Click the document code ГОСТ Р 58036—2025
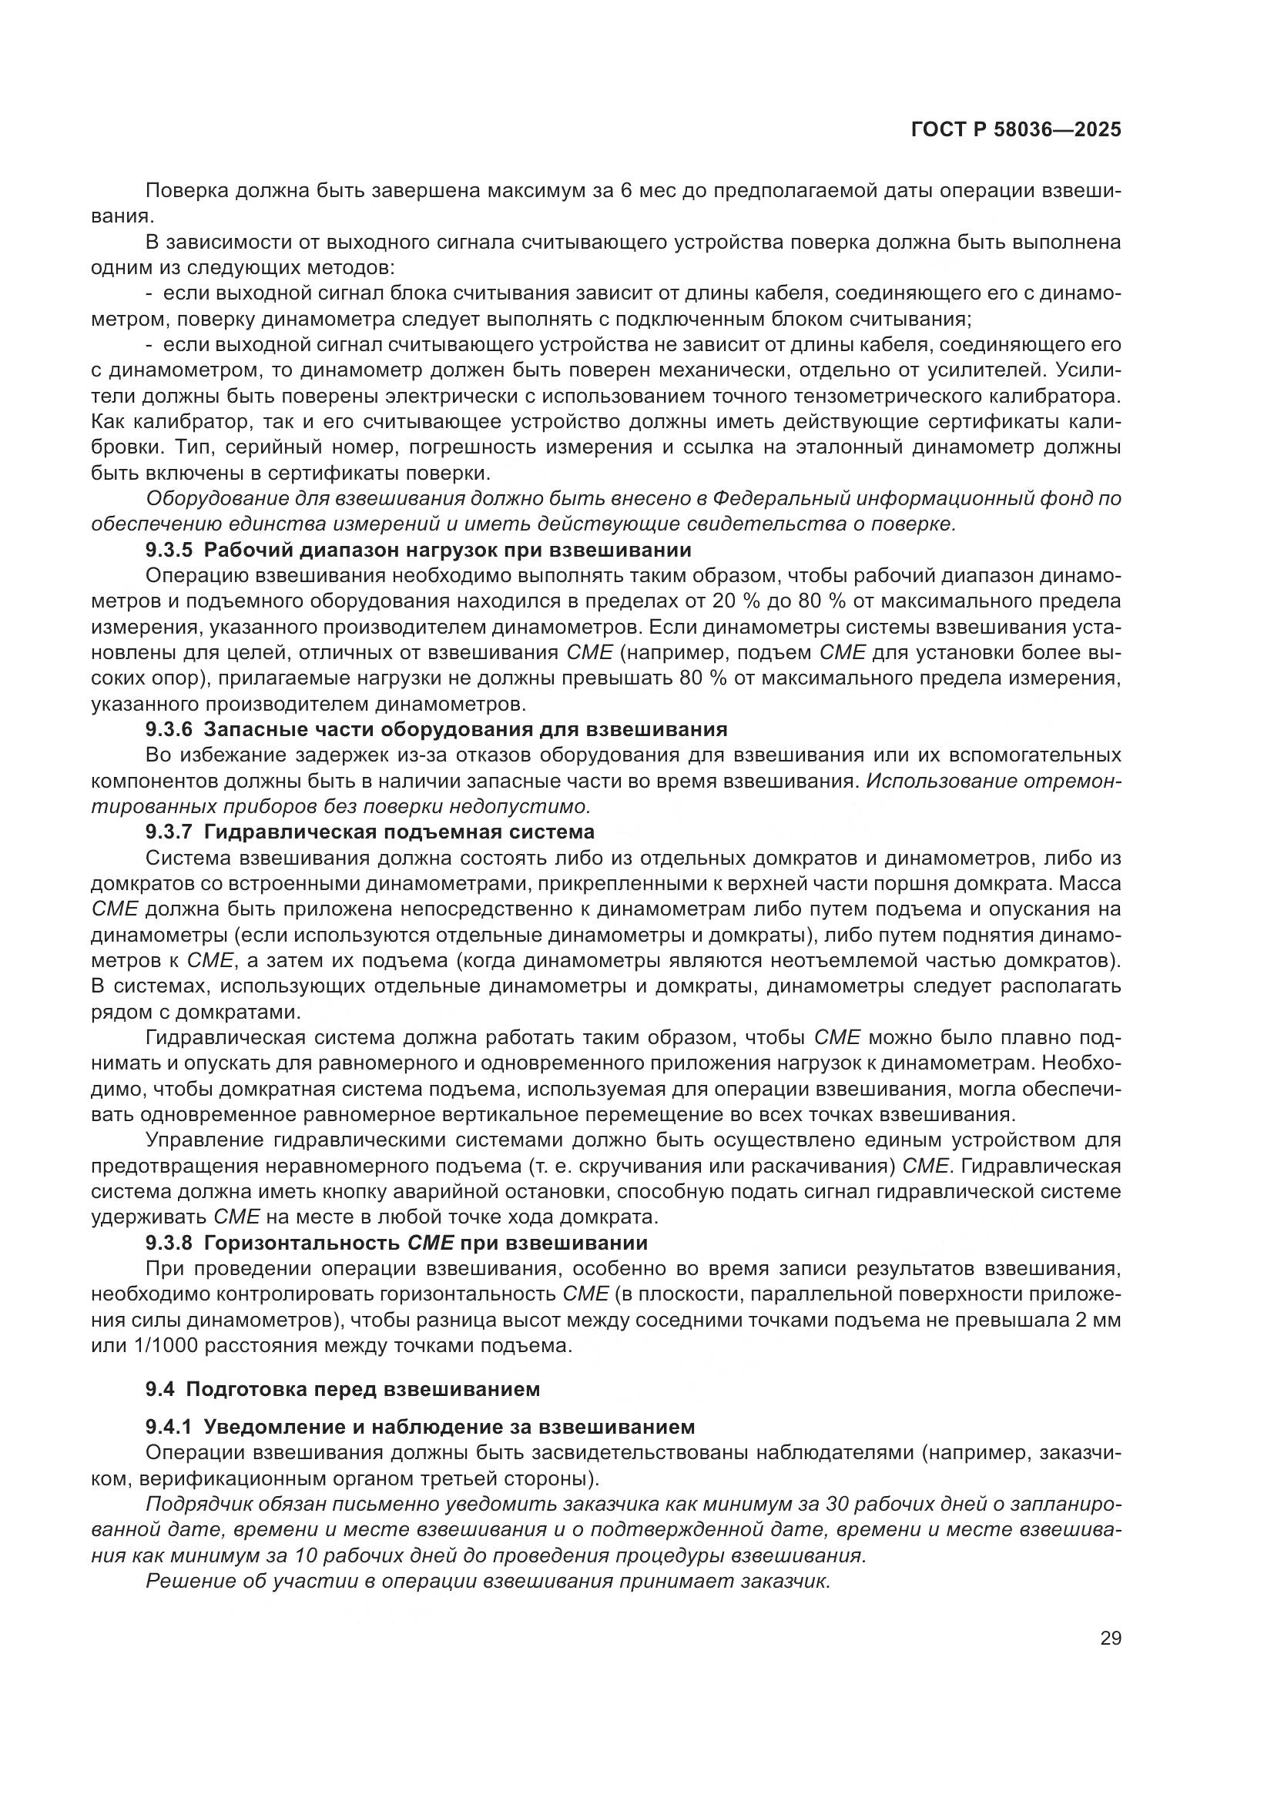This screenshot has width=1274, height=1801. (1016, 130)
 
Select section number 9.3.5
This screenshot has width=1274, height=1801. (169, 550)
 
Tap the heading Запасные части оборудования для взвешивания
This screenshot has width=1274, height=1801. (465, 729)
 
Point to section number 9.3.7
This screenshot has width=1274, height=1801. (169, 832)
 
